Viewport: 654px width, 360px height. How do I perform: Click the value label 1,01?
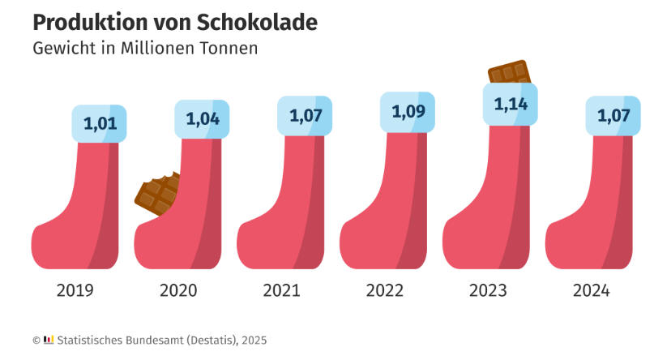(100, 124)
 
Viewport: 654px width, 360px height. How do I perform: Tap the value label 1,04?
(203, 118)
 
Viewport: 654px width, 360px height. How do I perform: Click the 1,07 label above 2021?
(306, 115)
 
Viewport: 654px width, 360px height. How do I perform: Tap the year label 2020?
(178, 290)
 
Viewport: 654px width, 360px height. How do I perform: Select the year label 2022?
(384, 290)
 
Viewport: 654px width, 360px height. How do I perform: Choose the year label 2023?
(487, 290)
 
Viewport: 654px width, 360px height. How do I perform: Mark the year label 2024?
(589, 290)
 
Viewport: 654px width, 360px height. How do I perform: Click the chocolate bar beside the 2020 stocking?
(157, 195)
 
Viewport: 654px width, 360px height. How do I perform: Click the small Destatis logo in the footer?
(48, 340)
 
